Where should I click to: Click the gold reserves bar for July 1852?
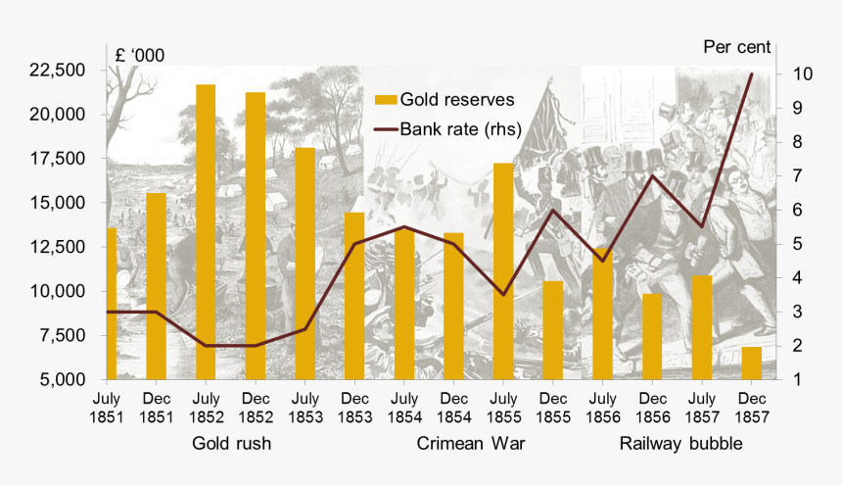206,231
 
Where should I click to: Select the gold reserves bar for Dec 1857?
751,363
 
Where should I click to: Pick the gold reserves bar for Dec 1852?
256,235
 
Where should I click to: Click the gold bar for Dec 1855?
553,329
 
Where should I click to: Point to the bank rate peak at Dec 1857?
751,74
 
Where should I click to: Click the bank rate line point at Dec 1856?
652,175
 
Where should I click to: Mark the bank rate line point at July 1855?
503,294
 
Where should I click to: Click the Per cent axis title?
737,46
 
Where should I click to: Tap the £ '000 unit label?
140,56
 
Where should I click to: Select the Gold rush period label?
231,444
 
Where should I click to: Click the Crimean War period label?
471,444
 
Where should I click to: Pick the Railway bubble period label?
680,444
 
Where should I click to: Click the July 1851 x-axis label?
107,408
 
